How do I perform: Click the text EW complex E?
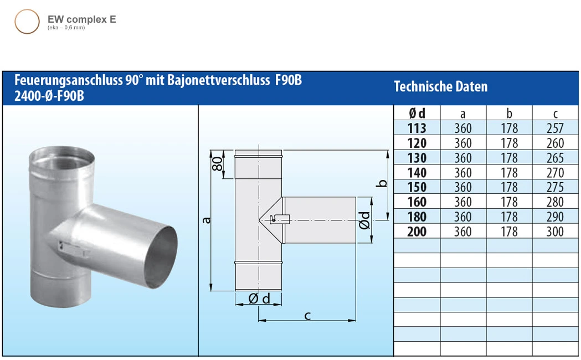[81, 19]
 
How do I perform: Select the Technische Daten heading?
[440, 87]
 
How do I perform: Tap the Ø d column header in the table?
[417, 114]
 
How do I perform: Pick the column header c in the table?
[555, 114]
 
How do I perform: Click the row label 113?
[417, 128]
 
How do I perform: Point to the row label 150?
[417, 187]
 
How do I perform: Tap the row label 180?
[417, 217]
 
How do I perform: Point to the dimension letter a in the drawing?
[207, 220]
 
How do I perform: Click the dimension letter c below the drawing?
[307, 316]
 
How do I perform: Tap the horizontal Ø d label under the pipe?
[259, 299]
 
